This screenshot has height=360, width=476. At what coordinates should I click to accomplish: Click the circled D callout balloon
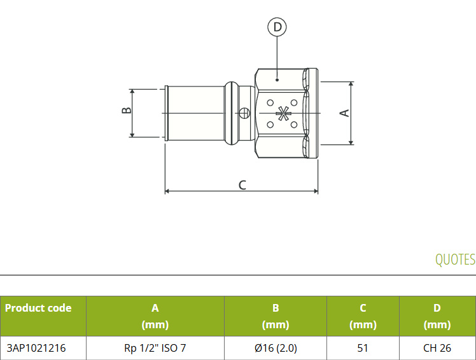point(277,27)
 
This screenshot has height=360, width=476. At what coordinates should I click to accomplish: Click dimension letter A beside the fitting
point(344,113)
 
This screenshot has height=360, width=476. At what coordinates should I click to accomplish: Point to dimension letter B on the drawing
point(127,110)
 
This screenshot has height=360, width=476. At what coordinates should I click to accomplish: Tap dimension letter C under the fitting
point(242,185)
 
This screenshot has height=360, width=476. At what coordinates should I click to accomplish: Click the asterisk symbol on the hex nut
point(283,113)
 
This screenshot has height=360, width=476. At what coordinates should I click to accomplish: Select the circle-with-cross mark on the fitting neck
point(244,113)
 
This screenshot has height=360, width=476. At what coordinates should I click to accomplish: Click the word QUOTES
point(455,260)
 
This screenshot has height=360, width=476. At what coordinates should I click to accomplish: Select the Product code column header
point(38,308)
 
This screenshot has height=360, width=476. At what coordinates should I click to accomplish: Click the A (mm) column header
point(155,316)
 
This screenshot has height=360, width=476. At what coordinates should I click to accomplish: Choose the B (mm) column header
point(276,316)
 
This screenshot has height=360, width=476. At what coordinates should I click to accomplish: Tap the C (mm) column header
point(363,316)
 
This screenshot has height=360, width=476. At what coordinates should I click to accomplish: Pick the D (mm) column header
point(437,316)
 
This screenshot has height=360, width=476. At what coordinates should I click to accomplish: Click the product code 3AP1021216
point(36,348)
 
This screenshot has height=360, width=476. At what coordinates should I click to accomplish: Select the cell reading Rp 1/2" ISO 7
point(155,348)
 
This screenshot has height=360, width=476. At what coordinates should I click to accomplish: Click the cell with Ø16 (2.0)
point(276,348)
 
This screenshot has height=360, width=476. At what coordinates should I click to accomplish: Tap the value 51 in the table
point(363,348)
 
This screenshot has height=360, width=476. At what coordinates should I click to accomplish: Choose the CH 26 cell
point(437,348)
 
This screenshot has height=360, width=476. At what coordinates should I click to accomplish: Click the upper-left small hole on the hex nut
point(270,103)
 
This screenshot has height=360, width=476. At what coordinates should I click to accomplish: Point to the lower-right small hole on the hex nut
point(294,125)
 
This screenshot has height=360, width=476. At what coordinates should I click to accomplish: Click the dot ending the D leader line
point(277,80)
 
